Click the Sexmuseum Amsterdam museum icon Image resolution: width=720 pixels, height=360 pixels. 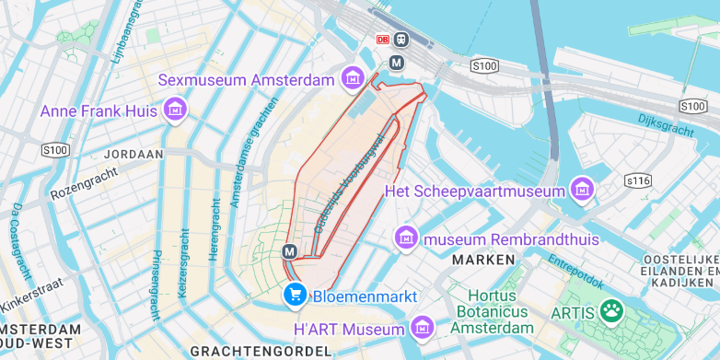coord(351,79)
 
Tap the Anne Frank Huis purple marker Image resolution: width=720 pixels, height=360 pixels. coord(173,111)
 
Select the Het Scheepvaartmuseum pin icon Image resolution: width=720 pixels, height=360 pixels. coord(580,191)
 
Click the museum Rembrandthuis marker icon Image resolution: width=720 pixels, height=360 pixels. coord(406,238)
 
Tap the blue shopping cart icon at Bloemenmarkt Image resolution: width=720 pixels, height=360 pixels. coord(295,294)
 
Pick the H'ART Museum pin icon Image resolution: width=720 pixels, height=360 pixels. coord(423,327)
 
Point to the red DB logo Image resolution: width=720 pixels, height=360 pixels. coord(383,40)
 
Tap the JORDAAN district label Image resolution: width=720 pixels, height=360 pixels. coord(134,155)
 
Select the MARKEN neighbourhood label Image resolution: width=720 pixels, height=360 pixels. coord(483,260)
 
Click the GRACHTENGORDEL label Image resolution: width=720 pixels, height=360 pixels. coord(261,351)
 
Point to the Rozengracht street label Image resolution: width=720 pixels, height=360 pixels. coord(85,181)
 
